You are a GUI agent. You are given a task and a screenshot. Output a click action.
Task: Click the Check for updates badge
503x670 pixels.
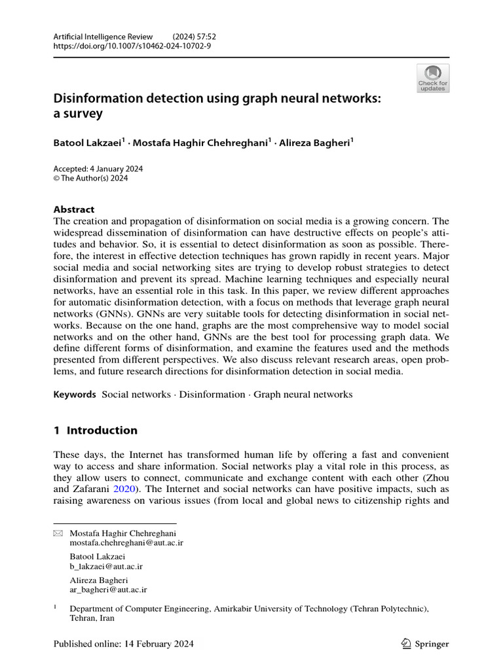tap(433, 79)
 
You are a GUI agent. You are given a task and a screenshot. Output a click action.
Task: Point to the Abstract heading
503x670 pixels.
tap(73, 209)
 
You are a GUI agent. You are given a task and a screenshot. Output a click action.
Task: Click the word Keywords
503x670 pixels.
tap(75, 395)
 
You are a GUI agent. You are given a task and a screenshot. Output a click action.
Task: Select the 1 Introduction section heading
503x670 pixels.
tap(95, 431)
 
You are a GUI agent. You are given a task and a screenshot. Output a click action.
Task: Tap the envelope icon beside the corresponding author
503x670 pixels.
tap(57, 534)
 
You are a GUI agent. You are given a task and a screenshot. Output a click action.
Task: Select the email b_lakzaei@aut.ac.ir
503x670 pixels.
tap(106, 567)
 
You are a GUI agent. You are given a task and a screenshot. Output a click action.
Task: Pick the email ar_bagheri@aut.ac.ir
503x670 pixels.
tap(108, 590)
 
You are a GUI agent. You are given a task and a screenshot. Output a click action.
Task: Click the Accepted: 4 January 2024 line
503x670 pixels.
tap(98, 169)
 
